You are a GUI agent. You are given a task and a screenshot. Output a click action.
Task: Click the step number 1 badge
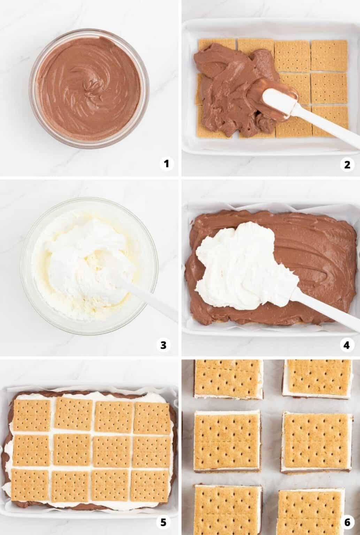(x=167, y=163)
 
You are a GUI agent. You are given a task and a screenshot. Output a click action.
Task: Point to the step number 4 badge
(x=346, y=345)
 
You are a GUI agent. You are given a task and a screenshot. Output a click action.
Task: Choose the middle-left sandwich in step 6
(x=227, y=441)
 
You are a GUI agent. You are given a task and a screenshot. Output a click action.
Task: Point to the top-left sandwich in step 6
(x=228, y=380)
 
